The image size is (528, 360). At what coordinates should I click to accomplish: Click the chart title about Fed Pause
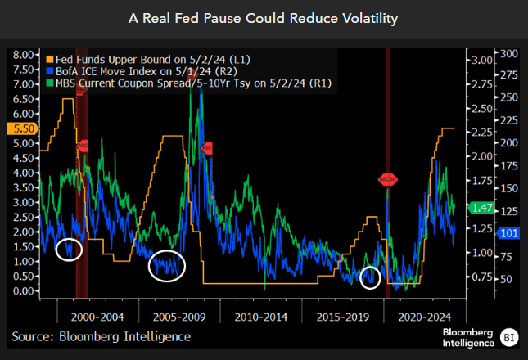pos(264,18)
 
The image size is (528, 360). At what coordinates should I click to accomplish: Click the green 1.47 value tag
pos(482,209)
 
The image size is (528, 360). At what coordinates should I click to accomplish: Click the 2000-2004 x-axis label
pos(97,315)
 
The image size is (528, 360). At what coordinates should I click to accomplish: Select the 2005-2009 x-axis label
pos(179,315)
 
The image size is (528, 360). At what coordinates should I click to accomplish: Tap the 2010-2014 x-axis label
pos(261,315)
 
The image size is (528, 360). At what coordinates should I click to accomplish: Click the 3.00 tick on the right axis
pos(481,60)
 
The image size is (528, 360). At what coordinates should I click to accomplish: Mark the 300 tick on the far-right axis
pos(509,53)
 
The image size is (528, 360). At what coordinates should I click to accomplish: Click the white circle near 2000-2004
pos(70,250)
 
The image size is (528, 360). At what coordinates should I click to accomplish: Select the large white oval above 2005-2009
pos(167,265)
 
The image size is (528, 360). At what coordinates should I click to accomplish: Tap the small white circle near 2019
pos(371,277)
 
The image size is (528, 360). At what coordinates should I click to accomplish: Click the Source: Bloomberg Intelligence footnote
pos(101,336)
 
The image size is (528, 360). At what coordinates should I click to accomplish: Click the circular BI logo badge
pos(509,336)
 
